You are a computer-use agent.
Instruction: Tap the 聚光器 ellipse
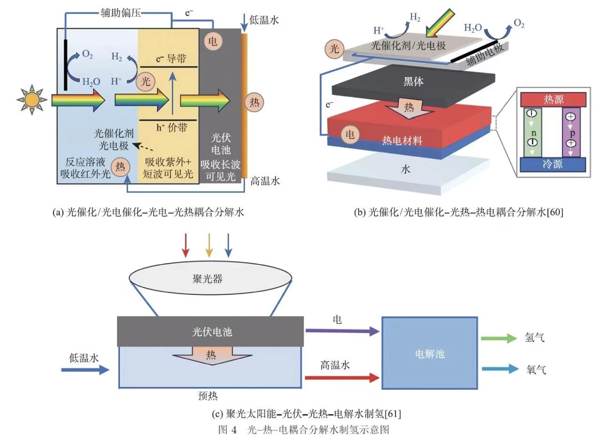210,279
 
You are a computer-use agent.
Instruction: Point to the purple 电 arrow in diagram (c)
342,331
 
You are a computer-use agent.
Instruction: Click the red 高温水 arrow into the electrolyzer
342,377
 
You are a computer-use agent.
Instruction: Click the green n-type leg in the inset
532,132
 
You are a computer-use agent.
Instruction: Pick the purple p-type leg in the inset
571,132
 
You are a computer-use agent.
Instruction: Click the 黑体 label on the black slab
413,81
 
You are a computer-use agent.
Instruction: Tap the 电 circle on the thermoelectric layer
350,134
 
